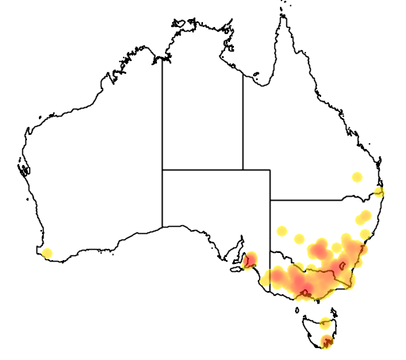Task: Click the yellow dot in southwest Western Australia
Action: pyautogui.click(x=47, y=254)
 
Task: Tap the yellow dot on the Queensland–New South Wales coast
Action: pyautogui.click(x=380, y=192)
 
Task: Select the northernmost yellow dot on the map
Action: pyautogui.click(x=357, y=177)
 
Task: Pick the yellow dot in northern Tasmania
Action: pyautogui.click(x=325, y=323)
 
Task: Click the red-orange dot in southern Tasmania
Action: pyautogui.click(x=327, y=342)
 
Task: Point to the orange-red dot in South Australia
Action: pyautogui.click(x=251, y=259)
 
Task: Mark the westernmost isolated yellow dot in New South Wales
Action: pyautogui.click(x=282, y=232)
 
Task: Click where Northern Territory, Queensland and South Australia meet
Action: pyautogui.click(x=243, y=169)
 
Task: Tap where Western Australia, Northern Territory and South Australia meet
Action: pyautogui.click(x=163, y=169)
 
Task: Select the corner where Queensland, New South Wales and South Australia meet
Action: pyautogui.click(x=270, y=200)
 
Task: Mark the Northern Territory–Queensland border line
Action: pyautogui.click(x=243, y=119)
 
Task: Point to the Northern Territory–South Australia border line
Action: pyautogui.click(x=202, y=169)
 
